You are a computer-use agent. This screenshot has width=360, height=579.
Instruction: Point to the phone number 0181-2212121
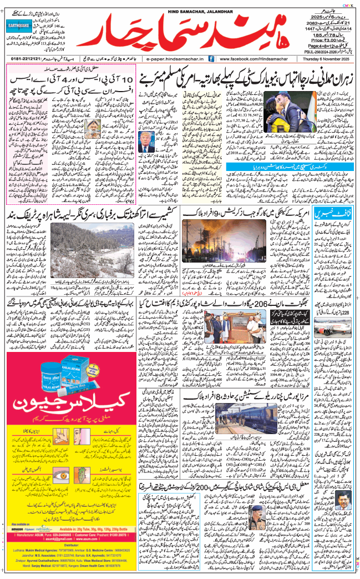(22, 58)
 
